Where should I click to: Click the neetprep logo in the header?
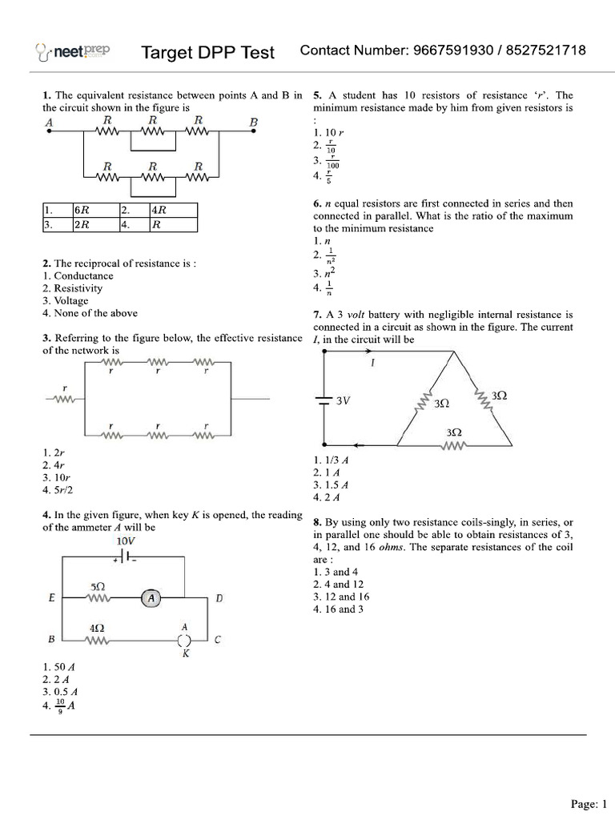[x=73, y=52]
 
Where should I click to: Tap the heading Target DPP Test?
[x=207, y=53]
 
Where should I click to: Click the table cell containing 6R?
[x=82, y=211]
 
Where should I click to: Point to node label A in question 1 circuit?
[x=50, y=123]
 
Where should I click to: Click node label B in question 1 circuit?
[x=254, y=123]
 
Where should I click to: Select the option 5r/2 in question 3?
[x=62, y=489]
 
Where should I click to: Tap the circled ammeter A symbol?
[x=151, y=598]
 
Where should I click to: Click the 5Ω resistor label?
[x=97, y=587]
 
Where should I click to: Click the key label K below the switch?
[x=186, y=654]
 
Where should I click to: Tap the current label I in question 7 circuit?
[x=373, y=363]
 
